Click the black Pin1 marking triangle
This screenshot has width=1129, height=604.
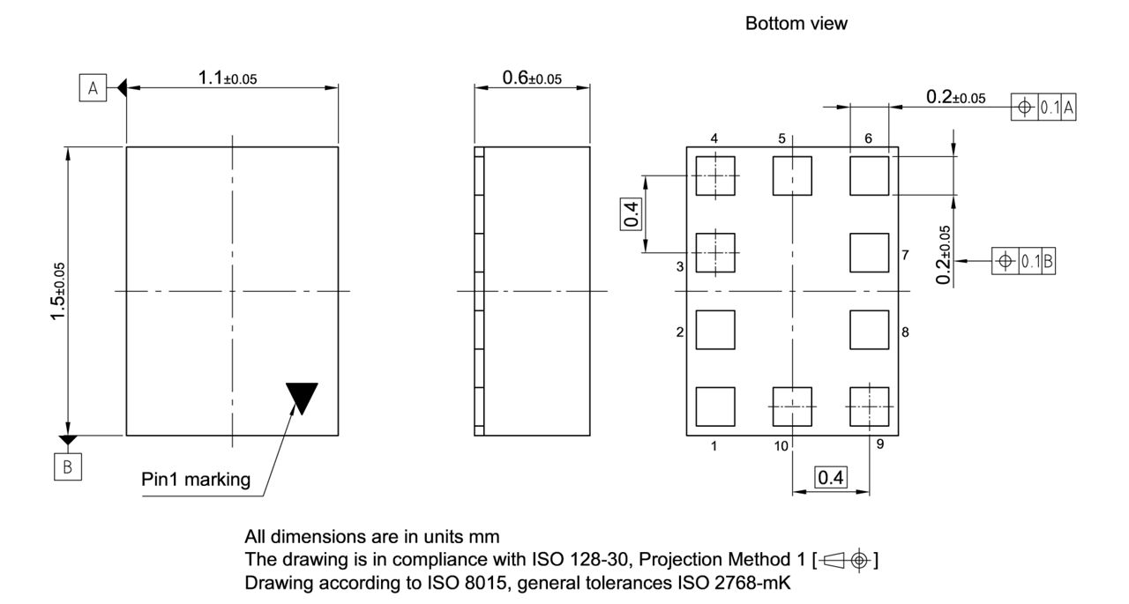click(302, 396)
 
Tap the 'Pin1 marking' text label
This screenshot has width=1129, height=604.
click(196, 481)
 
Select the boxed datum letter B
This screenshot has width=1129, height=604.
click(67, 468)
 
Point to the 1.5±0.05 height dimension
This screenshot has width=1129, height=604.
click(59, 290)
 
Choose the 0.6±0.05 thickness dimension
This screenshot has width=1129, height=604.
click(531, 78)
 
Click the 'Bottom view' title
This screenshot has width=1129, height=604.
click(796, 24)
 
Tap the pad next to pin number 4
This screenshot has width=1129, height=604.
click(715, 175)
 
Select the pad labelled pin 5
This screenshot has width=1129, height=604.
click(792, 175)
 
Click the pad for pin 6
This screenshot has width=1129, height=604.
click(869, 175)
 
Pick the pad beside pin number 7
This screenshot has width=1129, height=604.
click(869, 252)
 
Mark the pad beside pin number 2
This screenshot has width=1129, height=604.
click(715, 330)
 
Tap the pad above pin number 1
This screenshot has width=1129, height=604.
click(715, 406)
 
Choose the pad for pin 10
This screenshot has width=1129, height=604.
click(792, 406)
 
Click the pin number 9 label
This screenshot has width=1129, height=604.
click(880, 444)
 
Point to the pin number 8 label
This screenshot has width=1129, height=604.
click(905, 332)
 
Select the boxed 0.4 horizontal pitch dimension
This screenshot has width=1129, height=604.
click(830, 478)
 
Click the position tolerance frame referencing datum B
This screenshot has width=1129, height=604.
click(1024, 261)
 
